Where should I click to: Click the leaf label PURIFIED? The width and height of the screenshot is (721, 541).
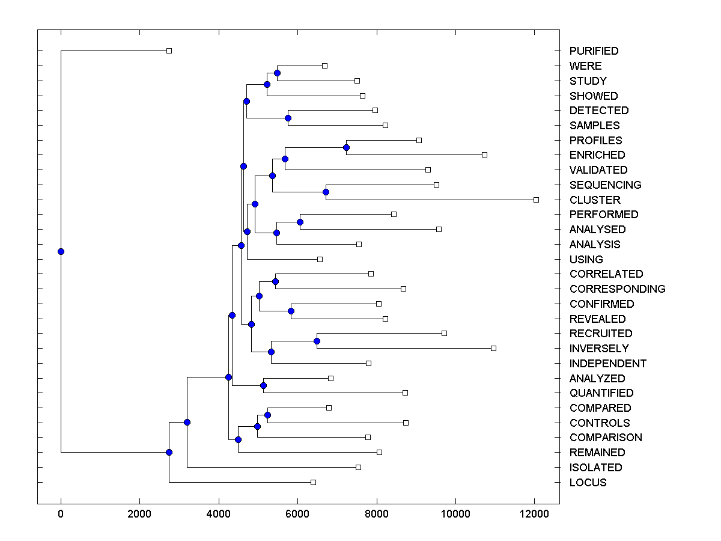pos(594,51)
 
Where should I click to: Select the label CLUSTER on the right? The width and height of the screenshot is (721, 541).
pos(595,200)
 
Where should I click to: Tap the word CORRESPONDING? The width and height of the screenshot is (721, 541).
pos(617,289)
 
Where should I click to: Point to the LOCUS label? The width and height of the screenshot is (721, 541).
pos(588,482)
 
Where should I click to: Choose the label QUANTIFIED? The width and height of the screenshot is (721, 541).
pos(601,393)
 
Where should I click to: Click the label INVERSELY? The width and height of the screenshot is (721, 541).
pos(599,348)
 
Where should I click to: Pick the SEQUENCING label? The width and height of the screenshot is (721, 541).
pos(605,185)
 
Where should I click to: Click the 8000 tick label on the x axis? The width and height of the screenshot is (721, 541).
pos(377,513)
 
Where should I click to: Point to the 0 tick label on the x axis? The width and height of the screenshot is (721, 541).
pos(61,513)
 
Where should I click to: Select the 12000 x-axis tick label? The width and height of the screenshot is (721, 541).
pos(534,513)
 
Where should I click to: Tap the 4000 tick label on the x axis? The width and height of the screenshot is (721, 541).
pos(219,513)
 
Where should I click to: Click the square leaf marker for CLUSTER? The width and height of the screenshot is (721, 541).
pos(536,200)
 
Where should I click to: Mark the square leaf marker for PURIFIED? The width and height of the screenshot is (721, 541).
pos(169,51)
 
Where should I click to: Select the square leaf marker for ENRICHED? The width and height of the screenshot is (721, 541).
pos(484,154)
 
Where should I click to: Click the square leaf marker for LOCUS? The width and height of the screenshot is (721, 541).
pos(313,482)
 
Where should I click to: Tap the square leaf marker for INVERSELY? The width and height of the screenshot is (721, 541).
pos(493,348)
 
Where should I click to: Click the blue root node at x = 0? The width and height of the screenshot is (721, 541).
pos(61,251)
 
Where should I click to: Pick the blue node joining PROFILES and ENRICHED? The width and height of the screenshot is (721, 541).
pos(346,147)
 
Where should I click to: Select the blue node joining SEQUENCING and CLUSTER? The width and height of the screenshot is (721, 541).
pos(326,192)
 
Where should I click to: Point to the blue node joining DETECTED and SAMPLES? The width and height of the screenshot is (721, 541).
pos(288,118)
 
